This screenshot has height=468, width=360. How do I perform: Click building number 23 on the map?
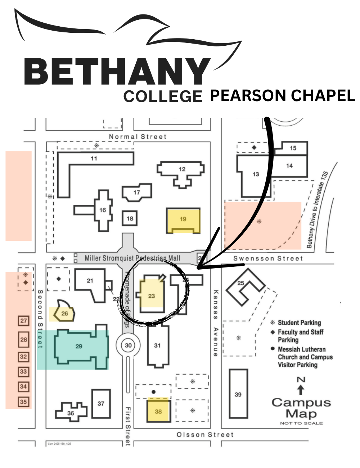(x=152, y=296)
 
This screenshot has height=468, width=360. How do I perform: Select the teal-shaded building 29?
(x=79, y=346)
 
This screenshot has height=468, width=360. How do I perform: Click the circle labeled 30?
(x=128, y=345)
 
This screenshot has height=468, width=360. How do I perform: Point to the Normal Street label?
(x=138, y=137)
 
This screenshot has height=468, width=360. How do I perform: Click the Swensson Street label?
(x=268, y=258)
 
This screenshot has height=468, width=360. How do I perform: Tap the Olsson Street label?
(x=205, y=435)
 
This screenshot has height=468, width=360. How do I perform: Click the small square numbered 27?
(x=23, y=321)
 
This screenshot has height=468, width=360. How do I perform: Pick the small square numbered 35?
(x=23, y=402)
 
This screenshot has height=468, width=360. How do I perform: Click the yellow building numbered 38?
(x=158, y=411)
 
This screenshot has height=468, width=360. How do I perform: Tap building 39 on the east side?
(x=238, y=394)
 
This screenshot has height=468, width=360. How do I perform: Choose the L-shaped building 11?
(x=94, y=158)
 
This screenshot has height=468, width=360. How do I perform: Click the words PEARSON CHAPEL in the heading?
(x=282, y=96)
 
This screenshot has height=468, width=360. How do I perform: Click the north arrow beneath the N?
(x=301, y=390)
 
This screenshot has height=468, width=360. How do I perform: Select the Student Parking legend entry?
(x=299, y=323)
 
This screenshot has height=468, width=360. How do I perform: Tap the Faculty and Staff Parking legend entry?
(x=300, y=336)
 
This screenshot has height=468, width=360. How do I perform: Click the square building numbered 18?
(x=130, y=218)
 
